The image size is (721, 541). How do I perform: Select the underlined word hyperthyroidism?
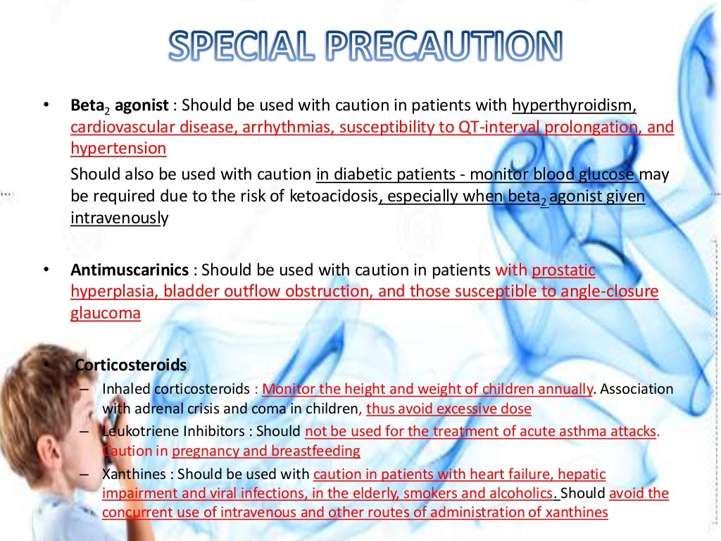tap(574, 106)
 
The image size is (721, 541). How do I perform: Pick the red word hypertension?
tap(118, 149)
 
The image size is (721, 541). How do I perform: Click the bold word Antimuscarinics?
tap(130, 270)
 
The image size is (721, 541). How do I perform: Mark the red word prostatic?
tap(564, 270)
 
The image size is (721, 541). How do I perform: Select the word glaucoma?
tap(106, 313)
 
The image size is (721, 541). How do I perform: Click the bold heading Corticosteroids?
tap(131, 365)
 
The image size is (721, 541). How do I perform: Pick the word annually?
tap(565, 389)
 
